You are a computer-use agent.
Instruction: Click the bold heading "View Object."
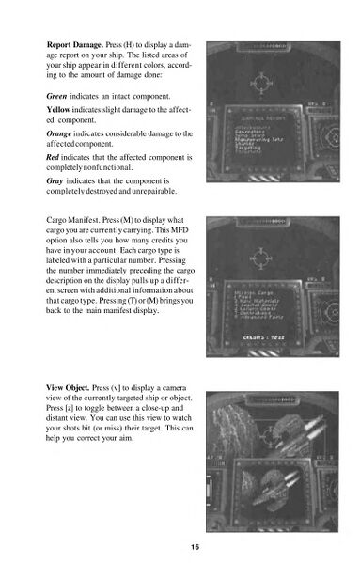(73, 387)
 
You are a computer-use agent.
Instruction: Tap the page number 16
(194, 547)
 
